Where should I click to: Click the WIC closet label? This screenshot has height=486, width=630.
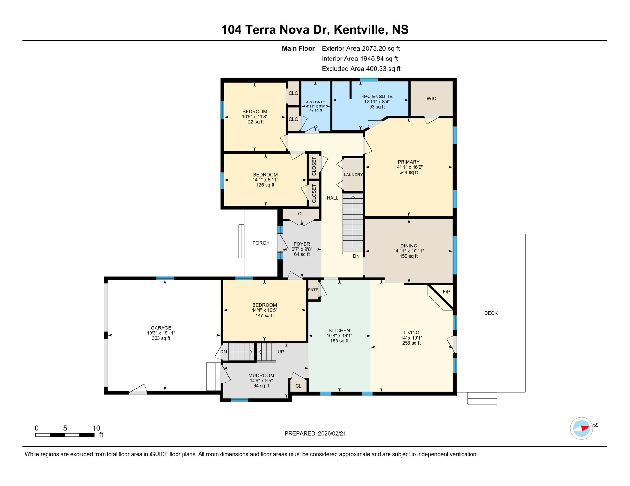[431, 99]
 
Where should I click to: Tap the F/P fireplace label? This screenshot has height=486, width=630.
[446, 292]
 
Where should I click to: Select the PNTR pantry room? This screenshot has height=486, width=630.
[313, 290]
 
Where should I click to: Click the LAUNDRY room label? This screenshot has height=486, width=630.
[353, 175]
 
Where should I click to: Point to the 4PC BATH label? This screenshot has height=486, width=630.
[316, 102]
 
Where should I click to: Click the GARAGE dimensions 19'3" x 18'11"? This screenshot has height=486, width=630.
[161, 333]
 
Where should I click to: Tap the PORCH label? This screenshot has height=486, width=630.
[261, 243]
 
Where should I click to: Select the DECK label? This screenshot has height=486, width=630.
[491, 313]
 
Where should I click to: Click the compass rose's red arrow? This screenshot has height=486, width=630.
[585, 428]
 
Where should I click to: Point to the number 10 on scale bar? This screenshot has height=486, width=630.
[96, 428]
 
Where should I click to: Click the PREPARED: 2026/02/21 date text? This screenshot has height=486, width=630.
[315, 433]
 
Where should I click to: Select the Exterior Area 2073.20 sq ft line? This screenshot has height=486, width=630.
[361, 48]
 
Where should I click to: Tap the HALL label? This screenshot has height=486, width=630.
[332, 198]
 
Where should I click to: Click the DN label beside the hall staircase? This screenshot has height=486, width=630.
[356, 256]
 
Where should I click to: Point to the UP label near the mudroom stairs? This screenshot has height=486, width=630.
[281, 352]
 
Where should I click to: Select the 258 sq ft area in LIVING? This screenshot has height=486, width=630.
[411, 343]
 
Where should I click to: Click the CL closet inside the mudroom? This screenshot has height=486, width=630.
[298, 386]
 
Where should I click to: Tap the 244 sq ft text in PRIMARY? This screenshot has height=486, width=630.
[408, 172]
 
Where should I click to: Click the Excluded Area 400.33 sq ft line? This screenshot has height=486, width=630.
[361, 69]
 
